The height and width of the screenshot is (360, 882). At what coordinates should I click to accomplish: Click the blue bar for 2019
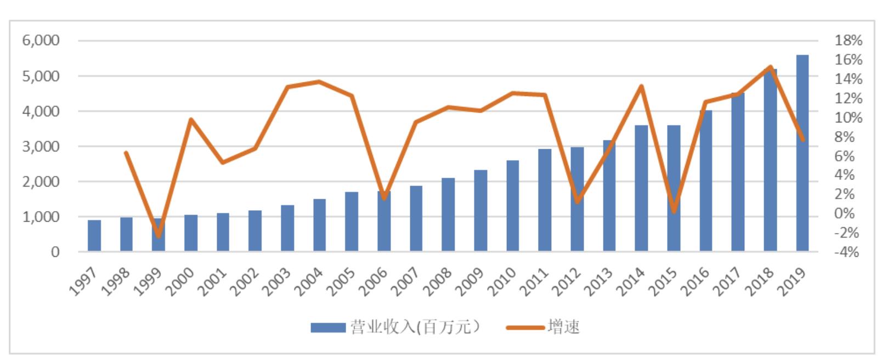[802, 154]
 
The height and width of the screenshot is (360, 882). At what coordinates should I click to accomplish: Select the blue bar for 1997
[94, 236]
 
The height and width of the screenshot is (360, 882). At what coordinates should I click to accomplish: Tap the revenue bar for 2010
[513, 206]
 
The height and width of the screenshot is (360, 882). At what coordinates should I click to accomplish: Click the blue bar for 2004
[319, 225]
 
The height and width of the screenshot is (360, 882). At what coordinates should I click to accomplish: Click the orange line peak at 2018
[771, 67]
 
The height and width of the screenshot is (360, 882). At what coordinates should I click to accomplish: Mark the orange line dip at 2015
[674, 211]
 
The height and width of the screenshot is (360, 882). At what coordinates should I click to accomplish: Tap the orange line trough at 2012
[577, 201]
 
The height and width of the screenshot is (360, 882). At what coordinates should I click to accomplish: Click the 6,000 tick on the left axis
[41, 41]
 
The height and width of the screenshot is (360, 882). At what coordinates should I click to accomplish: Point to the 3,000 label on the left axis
[41, 147]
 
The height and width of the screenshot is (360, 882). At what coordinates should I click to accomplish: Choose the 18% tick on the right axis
[848, 41]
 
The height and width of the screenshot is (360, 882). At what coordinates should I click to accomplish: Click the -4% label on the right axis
[847, 252]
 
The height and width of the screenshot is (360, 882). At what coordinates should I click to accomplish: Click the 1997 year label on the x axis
[85, 282]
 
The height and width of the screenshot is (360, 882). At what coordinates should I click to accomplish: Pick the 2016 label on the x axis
[698, 282]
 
